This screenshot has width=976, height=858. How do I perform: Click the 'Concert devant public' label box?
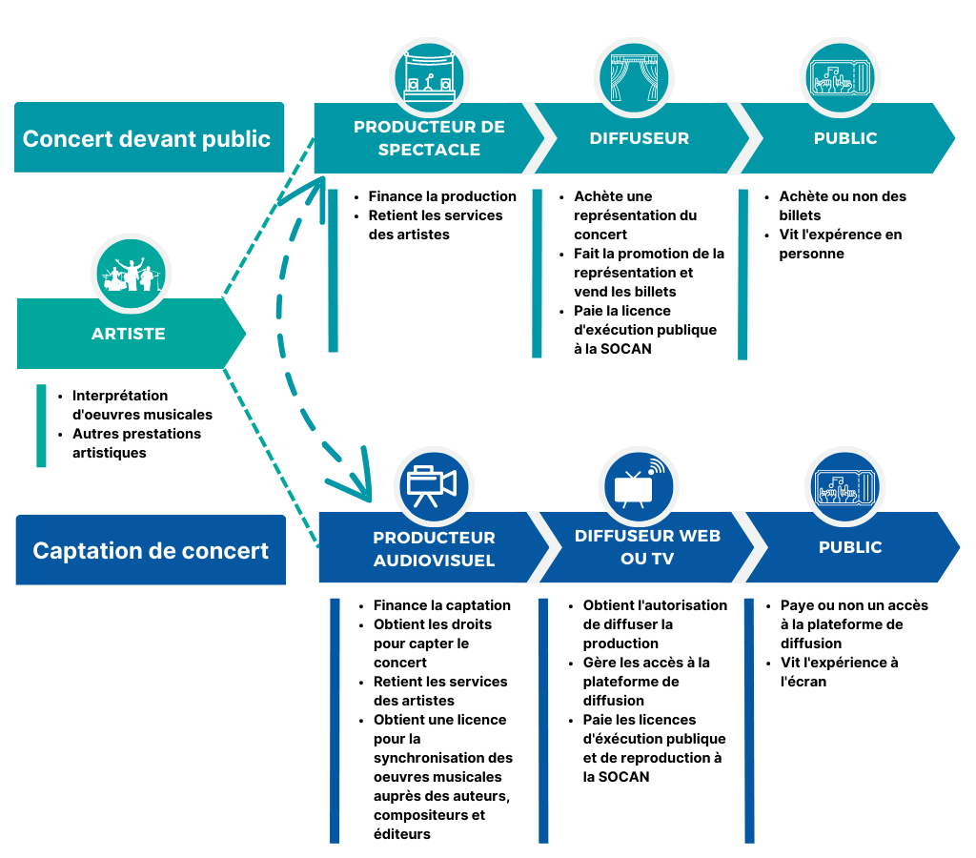[149, 137]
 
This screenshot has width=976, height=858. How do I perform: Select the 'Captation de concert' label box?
[151, 550]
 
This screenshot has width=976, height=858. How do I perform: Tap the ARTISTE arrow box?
[129, 334]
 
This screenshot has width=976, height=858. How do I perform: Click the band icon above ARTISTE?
[131, 274]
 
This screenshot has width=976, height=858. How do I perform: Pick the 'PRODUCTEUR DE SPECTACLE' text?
[429, 138]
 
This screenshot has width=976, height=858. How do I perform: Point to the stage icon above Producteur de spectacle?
[429, 77]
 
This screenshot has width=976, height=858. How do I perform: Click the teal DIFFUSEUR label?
[639, 138]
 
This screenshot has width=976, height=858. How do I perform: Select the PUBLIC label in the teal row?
[845, 138]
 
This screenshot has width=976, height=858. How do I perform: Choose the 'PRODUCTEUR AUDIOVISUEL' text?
[434, 549]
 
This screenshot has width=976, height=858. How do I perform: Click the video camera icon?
[434, 485]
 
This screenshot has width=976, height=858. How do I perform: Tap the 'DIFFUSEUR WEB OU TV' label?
[647, 546]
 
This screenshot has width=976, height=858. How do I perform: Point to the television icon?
[639, 485]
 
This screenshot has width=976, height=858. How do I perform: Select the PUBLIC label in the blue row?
[850, 547]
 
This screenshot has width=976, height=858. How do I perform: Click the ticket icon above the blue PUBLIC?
[844, 486]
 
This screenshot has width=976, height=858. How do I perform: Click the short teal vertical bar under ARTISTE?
[41, 425]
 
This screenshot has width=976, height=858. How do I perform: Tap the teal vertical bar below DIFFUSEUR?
[537, 274]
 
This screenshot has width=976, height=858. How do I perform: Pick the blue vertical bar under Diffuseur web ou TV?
[543, 720]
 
